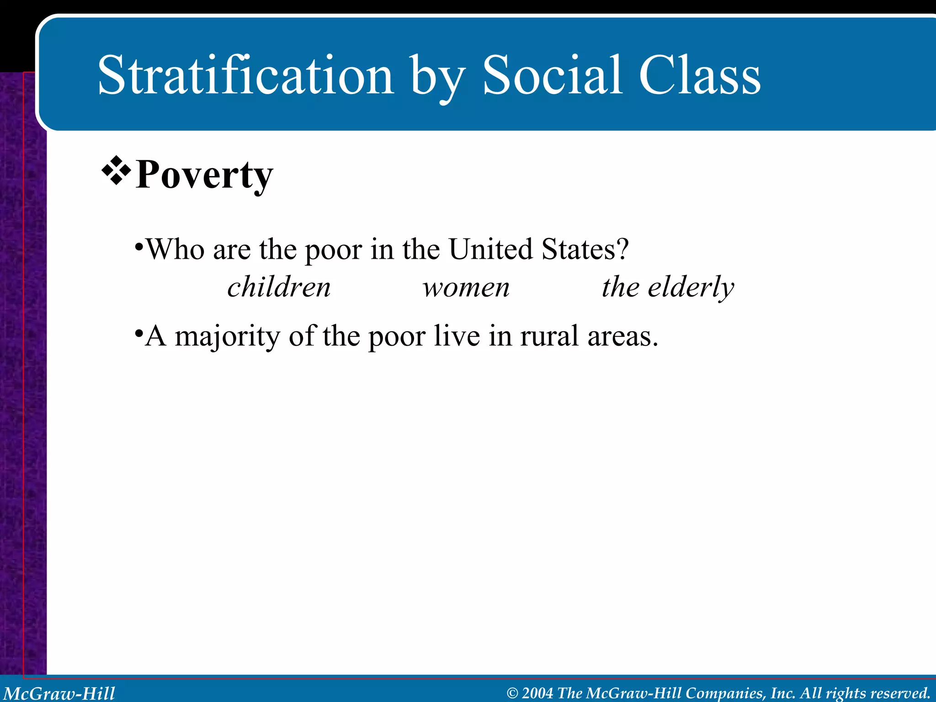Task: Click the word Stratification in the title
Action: pos(245,75)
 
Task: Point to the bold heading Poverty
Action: pos(204,175)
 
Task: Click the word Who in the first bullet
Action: pos(175,250)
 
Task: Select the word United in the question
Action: pos(490,250)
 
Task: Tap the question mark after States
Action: pos(623,250)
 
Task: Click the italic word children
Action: pos(279,287)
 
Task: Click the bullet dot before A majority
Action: pos(138,332)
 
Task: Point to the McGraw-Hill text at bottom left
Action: pos(59,693)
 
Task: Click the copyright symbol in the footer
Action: pos(513,693)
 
